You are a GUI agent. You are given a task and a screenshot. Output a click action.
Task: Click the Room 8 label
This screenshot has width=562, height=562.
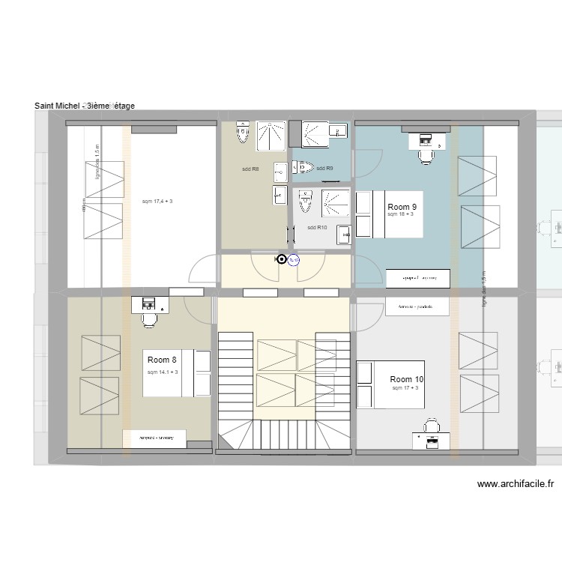coord(162,360)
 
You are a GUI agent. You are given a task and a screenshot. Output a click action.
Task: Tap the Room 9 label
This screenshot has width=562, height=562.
coord(402,206)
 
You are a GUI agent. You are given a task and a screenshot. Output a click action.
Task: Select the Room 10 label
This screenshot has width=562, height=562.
coord(407,380)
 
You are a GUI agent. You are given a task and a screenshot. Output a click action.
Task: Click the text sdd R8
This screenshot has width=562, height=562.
coord(250,169)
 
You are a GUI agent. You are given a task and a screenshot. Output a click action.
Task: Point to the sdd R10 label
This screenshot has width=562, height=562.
coord(317,228)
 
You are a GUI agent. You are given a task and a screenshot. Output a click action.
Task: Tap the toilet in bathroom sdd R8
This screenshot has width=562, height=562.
coord(242,132)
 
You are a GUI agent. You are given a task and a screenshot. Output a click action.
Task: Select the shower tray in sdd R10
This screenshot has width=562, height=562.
coord(334,203)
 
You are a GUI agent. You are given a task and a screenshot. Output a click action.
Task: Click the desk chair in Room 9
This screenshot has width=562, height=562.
coord(426,156)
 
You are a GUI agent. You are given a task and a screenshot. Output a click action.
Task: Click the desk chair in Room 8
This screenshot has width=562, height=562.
coord(149,318)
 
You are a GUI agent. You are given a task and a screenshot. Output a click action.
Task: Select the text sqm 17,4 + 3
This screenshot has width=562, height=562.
coord(157,202)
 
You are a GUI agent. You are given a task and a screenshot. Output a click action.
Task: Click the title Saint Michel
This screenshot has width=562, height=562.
coord(84,106)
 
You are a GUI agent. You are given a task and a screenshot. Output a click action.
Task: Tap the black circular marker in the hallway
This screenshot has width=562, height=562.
coord(282,260)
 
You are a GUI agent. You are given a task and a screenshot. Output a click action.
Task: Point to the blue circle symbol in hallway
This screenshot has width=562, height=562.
coord(294,261)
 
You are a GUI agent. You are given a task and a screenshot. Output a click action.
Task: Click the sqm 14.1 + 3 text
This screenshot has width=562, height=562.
coord(163,372)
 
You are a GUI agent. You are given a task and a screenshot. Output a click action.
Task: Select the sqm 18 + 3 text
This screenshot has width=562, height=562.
coord(401,214)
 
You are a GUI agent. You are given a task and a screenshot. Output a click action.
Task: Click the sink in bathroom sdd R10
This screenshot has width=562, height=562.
coord(343,234)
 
